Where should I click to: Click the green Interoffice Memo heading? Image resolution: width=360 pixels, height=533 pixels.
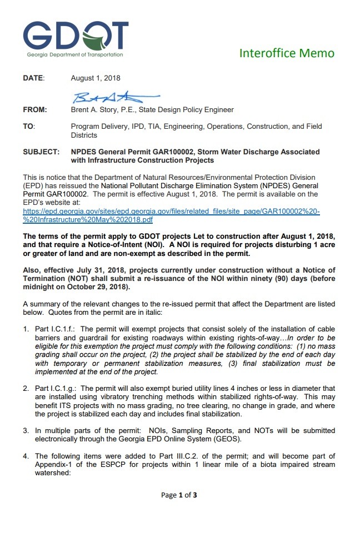coord(287,53)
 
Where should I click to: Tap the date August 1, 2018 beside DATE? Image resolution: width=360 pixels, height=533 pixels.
coord(96,78)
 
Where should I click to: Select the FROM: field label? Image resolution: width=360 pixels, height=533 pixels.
coord(34,110)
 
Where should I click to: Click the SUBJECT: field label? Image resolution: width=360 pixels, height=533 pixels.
coord(41,152)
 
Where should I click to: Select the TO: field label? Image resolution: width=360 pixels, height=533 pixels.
coord(29,127)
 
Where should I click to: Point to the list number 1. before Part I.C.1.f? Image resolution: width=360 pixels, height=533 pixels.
coord(26,329)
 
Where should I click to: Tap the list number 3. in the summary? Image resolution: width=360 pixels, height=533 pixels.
coord(26,431)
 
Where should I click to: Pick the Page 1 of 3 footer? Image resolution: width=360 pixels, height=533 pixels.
coord(179,495)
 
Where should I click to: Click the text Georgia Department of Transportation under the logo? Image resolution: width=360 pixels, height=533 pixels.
coord(75,54)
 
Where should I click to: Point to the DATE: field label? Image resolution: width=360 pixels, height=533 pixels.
coord(33,78)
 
